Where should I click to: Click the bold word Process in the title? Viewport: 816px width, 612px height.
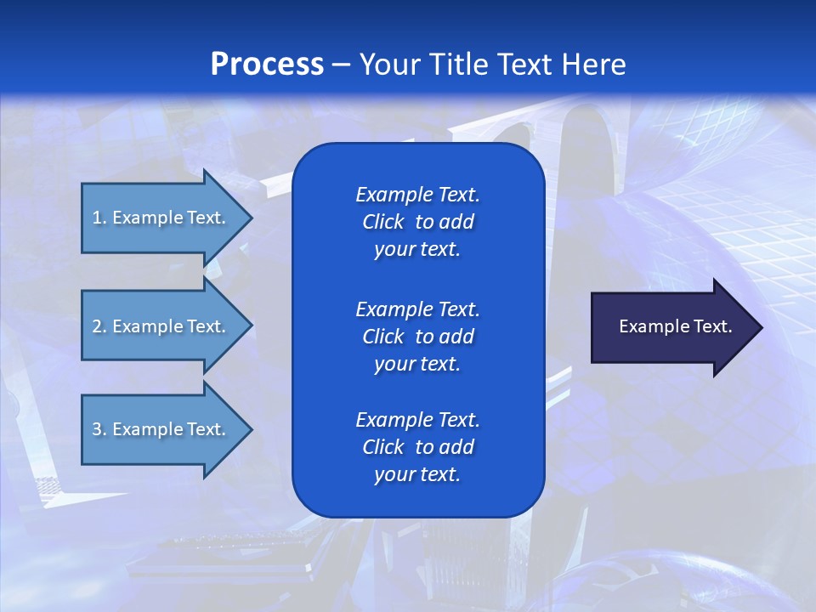(x=267, y=65)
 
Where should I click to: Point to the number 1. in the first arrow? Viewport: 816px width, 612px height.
(x=99, y=218)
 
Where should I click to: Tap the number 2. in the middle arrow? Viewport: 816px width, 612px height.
(x=99, y=326)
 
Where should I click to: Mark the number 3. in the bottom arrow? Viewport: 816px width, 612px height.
(x=99, y=429)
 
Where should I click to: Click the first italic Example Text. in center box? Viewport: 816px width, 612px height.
(x=417, y=195)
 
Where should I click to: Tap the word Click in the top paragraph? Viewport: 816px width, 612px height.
(x=382, y=222)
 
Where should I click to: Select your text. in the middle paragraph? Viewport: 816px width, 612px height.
(x=417, y=364)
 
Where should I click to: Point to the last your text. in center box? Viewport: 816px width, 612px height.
(x=417, y=474)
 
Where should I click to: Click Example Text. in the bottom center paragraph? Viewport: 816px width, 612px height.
(x=417, y=420)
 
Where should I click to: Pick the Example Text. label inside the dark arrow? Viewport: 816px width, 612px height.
(x=675, y=326)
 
